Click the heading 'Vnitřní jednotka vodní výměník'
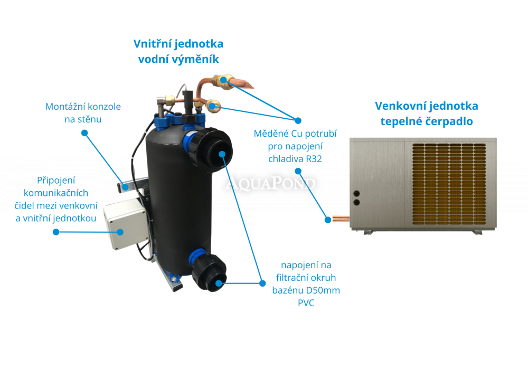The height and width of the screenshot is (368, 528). [x=178, y=52]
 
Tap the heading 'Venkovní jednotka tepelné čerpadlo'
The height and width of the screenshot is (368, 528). [x=426, y=114]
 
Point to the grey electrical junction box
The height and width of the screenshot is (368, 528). [x=125, y=225]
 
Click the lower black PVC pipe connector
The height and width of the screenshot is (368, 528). [x=214, y=271]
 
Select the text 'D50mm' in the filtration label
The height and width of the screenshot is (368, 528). [x=328, y=290]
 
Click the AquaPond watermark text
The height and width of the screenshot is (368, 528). [x=272, y=184]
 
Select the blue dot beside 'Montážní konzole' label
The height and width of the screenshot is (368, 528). [x=84, y=133]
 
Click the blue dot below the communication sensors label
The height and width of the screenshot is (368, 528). [x=55, y=231]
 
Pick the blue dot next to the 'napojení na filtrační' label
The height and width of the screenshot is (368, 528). [x=262, y=283]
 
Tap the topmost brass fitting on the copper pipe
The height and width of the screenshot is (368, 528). [x=223, y=80]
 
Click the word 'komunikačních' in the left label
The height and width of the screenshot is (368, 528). [x=62, y=193]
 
